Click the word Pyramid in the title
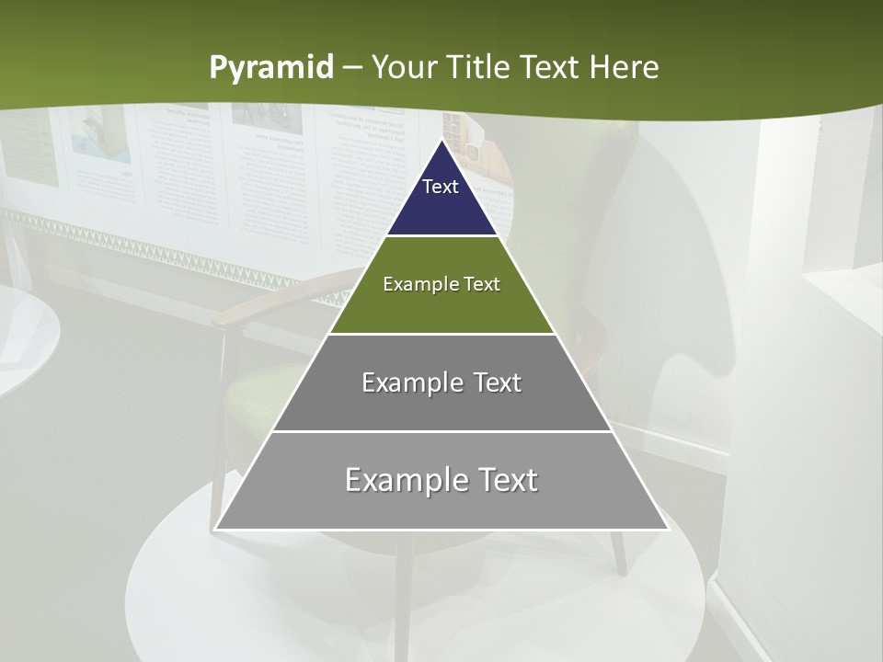(x=271, y=67)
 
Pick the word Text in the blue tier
(x=441, y=187)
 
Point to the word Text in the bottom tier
(x=504, y=480)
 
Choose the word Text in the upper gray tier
(x=498, y=382)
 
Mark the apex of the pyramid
(x=441, y=141)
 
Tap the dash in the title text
(x=352, y=68)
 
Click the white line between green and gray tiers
(x=441, y=333)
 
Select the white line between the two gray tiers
(x=441, y=430)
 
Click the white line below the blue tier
(x=441, y=235)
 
